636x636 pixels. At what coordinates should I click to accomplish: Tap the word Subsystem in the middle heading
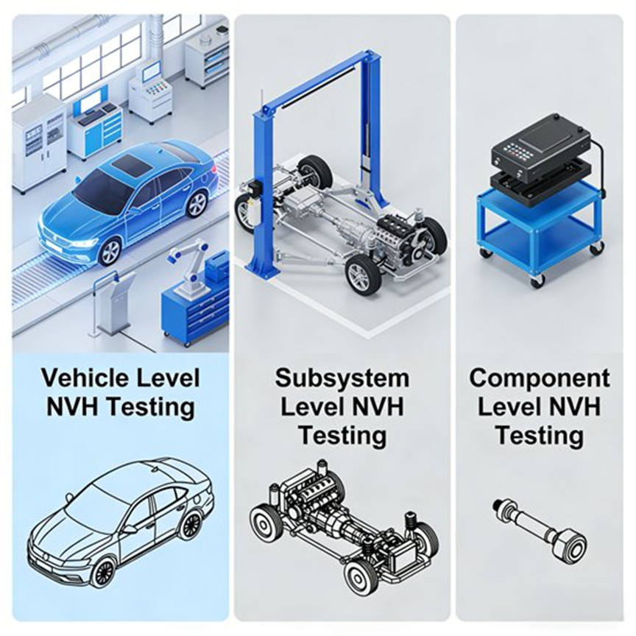point(342,378)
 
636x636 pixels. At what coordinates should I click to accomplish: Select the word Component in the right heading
point(540,378)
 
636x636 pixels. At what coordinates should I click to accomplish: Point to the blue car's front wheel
point(110,252)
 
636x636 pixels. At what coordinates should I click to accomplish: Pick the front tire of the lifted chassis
point(362,276)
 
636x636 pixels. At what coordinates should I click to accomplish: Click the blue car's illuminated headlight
point(84,244)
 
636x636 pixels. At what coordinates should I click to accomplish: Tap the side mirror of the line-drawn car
point(130,529)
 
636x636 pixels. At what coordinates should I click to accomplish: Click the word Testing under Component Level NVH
point(540,435)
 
